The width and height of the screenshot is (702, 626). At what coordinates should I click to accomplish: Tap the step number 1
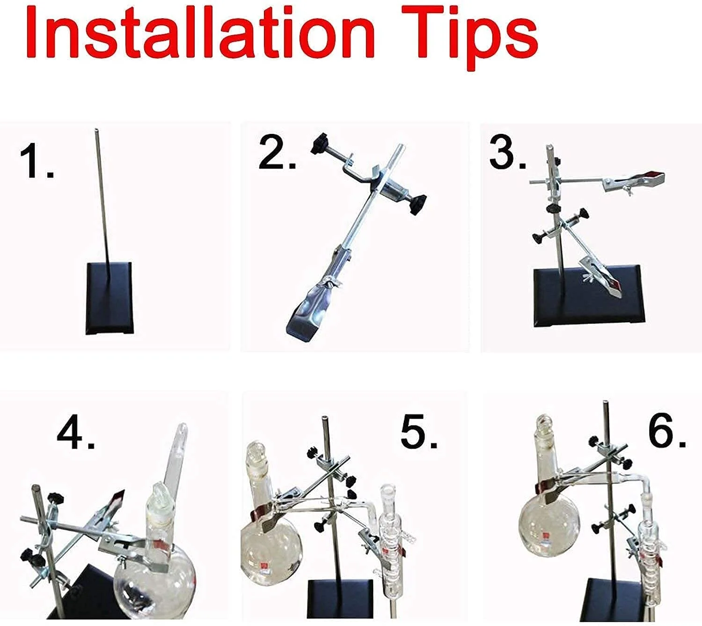point(36,161)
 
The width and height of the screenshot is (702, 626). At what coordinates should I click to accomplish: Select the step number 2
point(277,153)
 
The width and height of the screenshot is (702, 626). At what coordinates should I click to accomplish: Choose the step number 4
point(75,432)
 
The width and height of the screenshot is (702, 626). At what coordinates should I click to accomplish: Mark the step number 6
point(667,430)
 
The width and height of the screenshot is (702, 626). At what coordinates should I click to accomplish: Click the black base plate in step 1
point(110,298)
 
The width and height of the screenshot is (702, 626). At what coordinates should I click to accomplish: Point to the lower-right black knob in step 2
point(418,205)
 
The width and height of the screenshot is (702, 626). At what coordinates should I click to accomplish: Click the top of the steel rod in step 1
point(96,131)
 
